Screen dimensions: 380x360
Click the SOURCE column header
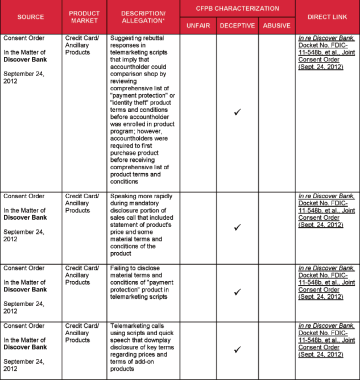pyautogui.click(x=31, y=16)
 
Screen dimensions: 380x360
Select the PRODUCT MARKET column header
pyautogui.click(x=84, y=16)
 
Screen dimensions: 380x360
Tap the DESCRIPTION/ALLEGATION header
pyautogui.click(x=143, y=16)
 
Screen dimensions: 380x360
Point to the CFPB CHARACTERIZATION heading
pyautogui.click(x=238, y=9)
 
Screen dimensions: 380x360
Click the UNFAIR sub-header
pyautogui.click(x=198, y=26)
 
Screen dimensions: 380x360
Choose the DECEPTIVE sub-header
pyautogui.click(x=237, y=26)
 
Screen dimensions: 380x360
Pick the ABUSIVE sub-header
pyautogui.click(x=276, y=26)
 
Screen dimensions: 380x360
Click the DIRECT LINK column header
pyautogui.click(x=327, y=16)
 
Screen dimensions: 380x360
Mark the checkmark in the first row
pyautogui.click(x=237, y=112)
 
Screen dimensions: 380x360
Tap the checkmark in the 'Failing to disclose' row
pyautogui.click(x=237, y=292)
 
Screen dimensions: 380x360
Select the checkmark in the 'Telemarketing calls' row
pyautogui.click(x=237, y=349)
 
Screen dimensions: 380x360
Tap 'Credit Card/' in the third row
pyautogui.click(x=81, y=268)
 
